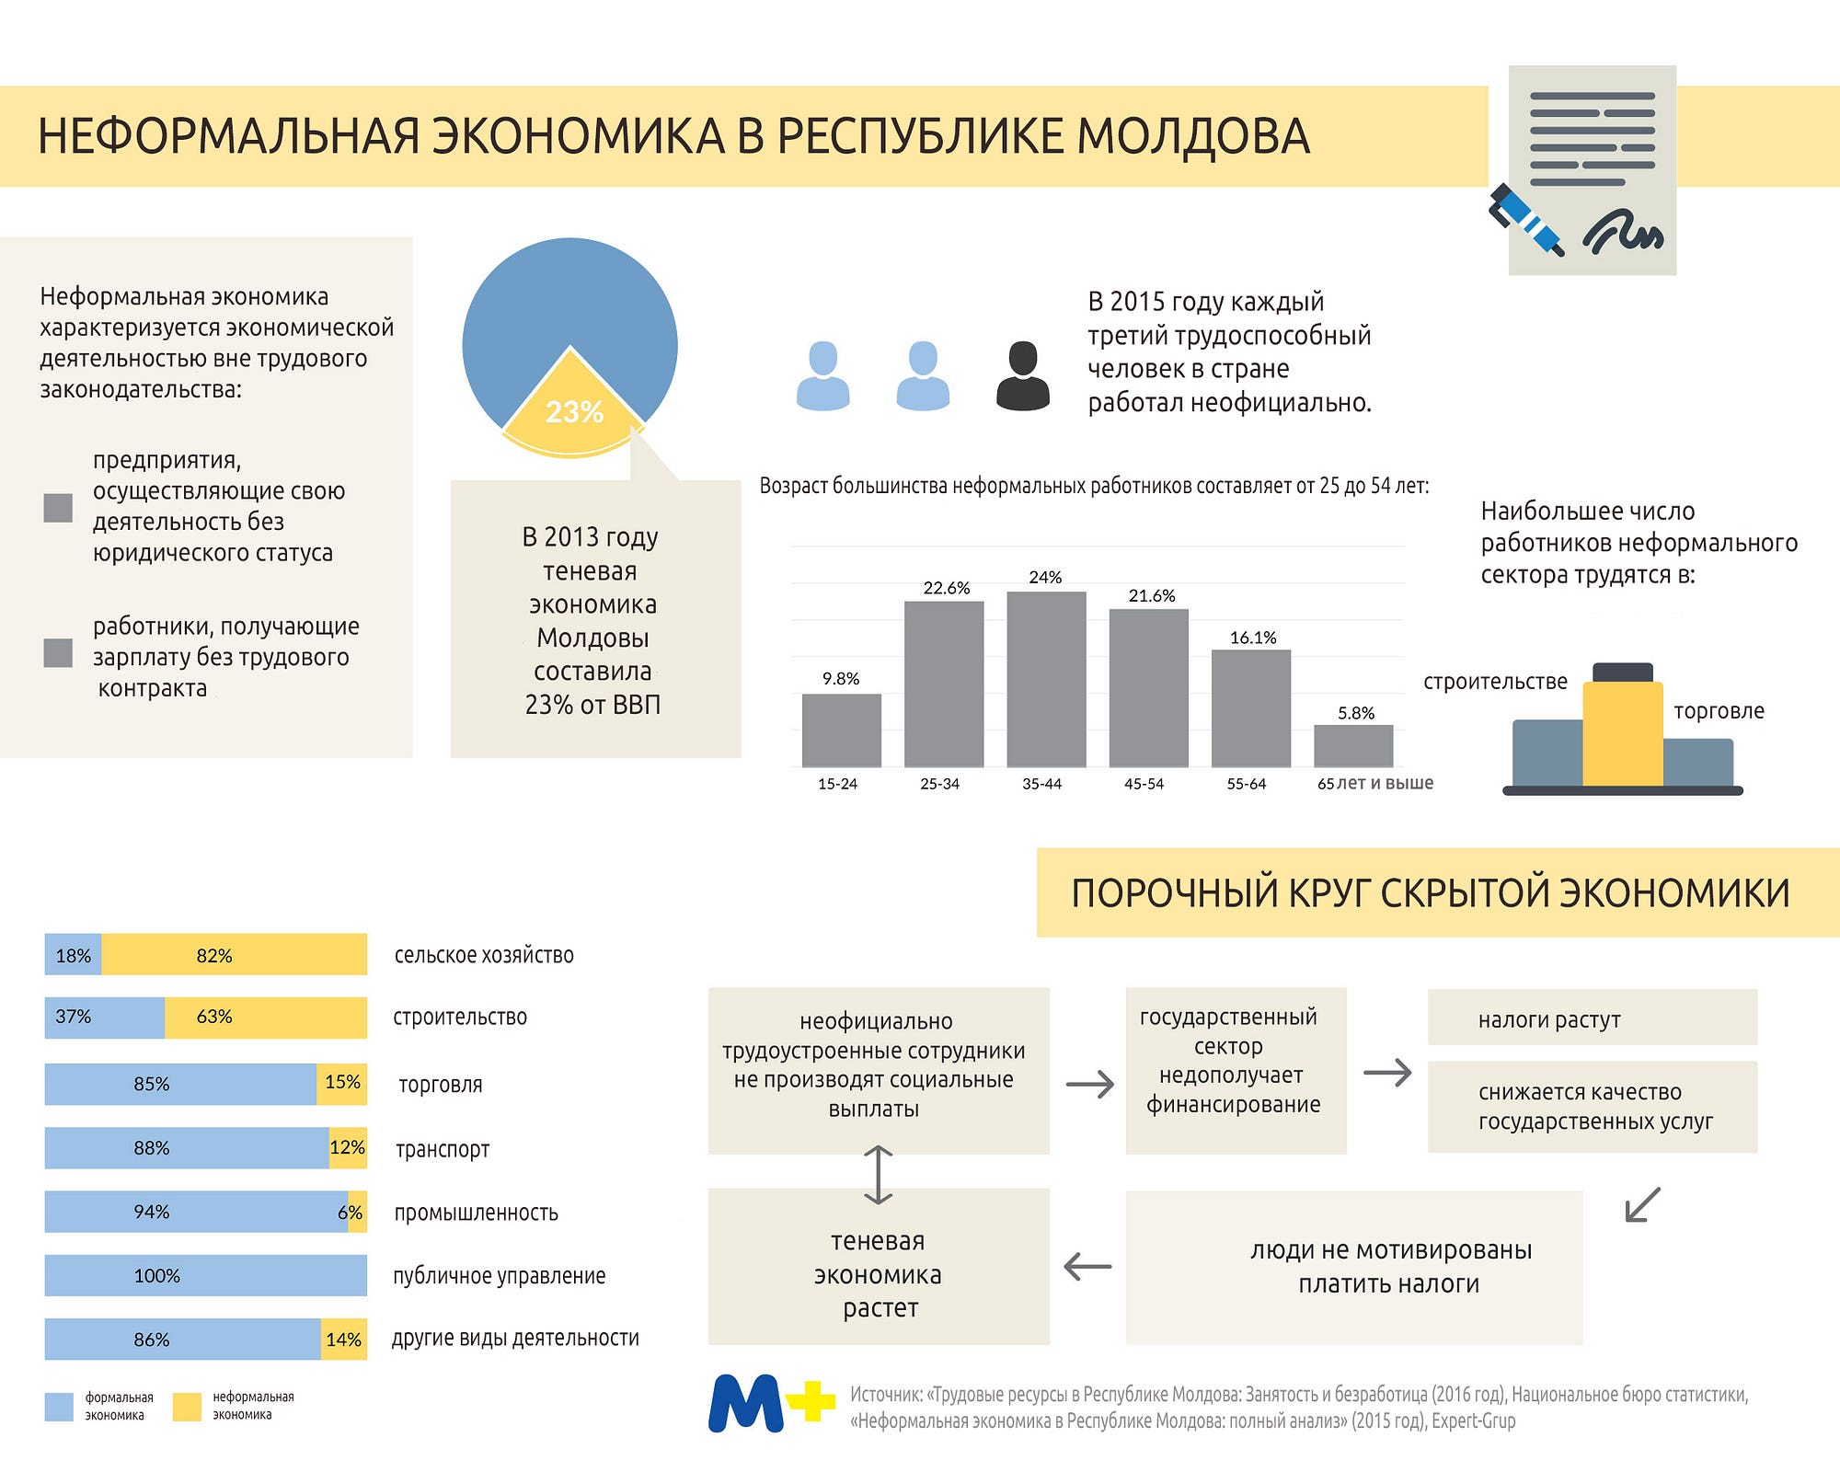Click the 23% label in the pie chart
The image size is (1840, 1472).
click(x=574, y=411)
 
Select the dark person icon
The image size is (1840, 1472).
click(x=1022, y=375)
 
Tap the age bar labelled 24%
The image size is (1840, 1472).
click(x=1046, y=679)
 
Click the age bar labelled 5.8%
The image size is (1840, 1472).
click(x=1353, y=746)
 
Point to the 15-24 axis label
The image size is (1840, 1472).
click(x=837, y=784)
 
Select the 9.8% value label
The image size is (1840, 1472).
click(x=841, y=679)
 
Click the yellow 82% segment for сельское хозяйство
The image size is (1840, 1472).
click(x=234, y=955)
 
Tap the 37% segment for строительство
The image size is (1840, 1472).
click(x=105, y=1018)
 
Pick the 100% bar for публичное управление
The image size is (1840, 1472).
click(x=206, y=1275)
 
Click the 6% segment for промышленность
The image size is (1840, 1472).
click(x=357, y=1212)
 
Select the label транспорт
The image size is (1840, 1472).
click(x=443, y=1149)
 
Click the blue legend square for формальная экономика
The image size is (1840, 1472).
click(x=59, y=1407)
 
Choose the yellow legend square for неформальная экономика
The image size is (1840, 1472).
click(x=187, y=1407)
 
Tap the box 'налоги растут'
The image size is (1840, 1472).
click(x=1593, y=1018)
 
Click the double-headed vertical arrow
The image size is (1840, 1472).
click(x=879, y=1175)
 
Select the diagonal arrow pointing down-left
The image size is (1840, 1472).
click(x=1642, y=1205)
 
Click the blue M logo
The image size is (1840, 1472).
click(x=746, y=1403)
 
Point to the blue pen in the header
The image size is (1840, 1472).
click(x=1526, y=219)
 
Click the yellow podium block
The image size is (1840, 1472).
click(x=1623, y=733)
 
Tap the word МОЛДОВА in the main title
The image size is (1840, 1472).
click(x=1193, y=136)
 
